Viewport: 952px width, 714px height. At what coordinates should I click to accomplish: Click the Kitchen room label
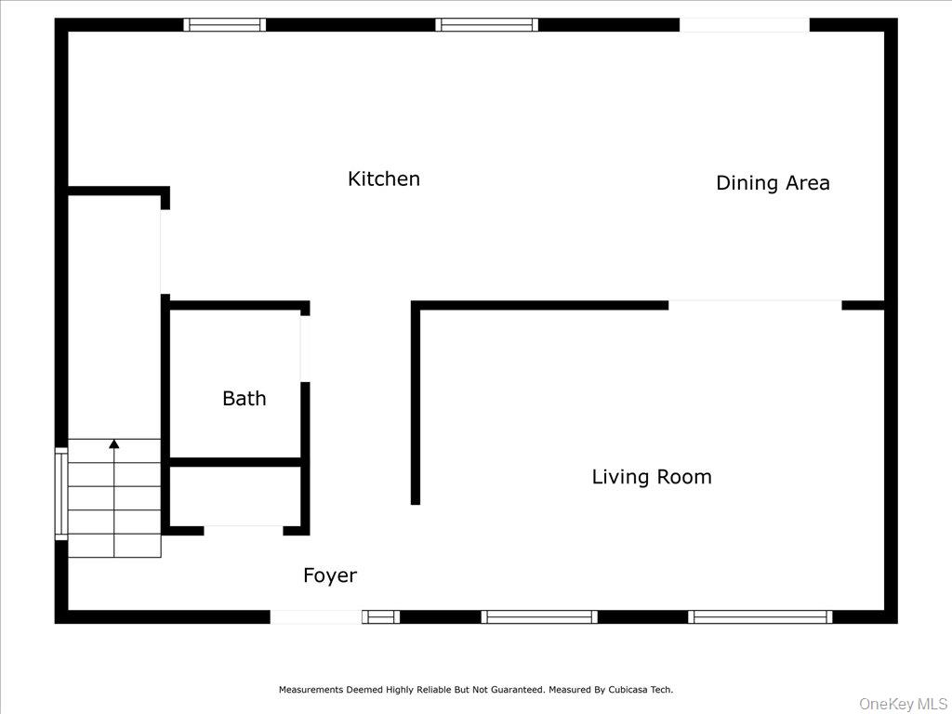tap(383, 178)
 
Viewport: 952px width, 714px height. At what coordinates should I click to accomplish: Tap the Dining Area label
tap(772, 183)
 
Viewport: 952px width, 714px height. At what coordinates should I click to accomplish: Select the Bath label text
tap(244, 399)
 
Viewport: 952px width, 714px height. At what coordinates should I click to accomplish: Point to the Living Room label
tap(651, 477)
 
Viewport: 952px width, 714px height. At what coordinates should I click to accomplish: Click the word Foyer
tap(329, 576)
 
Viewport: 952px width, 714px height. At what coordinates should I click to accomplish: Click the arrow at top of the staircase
tap(114, 445)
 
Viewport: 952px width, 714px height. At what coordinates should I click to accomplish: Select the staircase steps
tap(114, 498)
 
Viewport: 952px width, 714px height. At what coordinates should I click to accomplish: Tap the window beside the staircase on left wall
tap(61, 494)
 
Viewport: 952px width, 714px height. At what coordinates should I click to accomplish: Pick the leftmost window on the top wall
tap(224, 25)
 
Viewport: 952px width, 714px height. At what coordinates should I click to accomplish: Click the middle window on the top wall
tap(486, 25)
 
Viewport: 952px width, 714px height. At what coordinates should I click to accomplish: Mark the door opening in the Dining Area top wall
tap(744, 25)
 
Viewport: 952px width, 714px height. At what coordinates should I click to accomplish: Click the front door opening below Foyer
tap(315, 616)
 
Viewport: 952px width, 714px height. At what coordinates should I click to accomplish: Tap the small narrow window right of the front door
tap(380, 616)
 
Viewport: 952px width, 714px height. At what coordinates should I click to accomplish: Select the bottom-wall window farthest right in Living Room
tap(760, 616)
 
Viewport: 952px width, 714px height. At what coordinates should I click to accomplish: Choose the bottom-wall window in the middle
tap(539, 616)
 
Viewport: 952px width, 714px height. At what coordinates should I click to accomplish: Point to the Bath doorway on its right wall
tap(304, 349)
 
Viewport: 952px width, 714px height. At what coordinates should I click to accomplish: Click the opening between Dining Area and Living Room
tap(754, 305)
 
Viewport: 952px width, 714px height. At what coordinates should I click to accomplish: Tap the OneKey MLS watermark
tap(901, 704)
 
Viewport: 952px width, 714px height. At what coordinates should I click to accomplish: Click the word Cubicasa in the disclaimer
tap(629, 690)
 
